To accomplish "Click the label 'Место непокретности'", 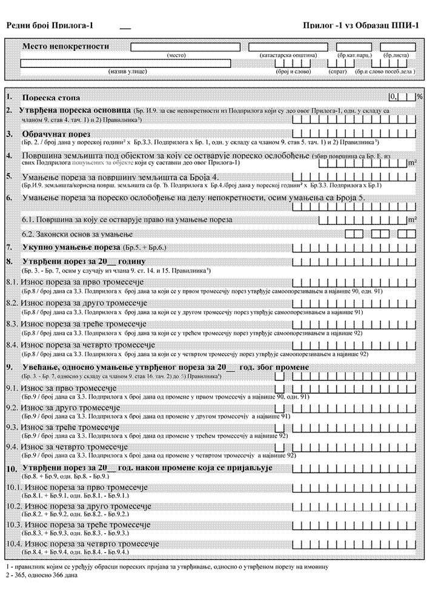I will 65,46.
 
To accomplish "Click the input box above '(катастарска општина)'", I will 288,47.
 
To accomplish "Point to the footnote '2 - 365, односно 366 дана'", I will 41,575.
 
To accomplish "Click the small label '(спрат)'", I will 337,72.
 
